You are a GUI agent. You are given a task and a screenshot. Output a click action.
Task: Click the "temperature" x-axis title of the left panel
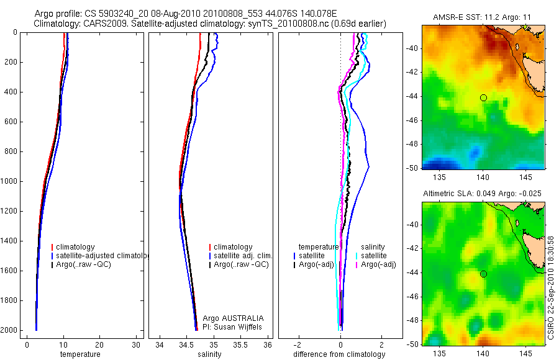[x=80, y=354]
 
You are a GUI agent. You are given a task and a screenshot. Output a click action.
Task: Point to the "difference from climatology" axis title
[x=339, y=354]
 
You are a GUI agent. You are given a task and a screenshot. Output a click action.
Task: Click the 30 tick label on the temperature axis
[x=136, y=344]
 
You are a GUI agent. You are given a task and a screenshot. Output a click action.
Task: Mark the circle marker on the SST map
[x=483, y=97]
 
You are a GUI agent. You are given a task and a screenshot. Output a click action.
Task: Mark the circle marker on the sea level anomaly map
[x=483, y=274]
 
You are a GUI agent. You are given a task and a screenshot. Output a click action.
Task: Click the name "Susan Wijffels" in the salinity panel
[x=239, y=326]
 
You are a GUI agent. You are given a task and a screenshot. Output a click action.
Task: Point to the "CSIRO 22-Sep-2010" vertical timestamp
[x=551, y=286]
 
